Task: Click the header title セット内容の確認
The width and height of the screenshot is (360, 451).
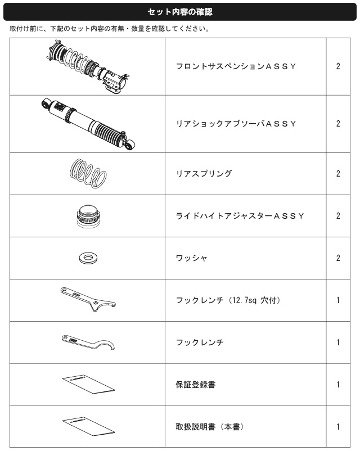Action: [180, 12]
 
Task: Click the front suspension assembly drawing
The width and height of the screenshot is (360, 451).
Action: [88, 67]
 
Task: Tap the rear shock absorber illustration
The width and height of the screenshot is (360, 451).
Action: [88, 124]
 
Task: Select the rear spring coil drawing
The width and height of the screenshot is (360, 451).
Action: [88, 173]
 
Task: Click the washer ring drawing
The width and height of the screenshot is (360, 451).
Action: [88, 258]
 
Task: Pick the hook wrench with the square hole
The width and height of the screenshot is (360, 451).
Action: [88, 299]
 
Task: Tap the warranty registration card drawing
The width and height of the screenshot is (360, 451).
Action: [88, 385]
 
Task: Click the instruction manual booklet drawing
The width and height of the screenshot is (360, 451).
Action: [88, 427]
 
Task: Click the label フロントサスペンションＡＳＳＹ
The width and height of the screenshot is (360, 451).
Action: [236, 66]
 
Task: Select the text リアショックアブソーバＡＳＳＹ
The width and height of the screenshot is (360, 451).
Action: [236, 124]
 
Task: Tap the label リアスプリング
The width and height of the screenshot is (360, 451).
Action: [204, 173]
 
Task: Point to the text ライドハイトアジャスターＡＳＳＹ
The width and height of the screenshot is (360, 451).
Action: [240, 216]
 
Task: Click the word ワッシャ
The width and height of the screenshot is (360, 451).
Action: [191, 258]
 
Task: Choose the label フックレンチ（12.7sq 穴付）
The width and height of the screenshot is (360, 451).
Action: [229, 300]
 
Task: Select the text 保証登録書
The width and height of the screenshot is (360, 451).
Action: [196, 385]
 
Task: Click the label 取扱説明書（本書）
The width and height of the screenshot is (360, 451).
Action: [210, 427]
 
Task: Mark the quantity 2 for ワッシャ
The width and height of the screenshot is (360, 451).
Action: [338, 258]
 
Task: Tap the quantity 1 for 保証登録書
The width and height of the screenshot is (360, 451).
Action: [338, 385]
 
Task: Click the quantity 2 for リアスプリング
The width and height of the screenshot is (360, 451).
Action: [338, 173]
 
